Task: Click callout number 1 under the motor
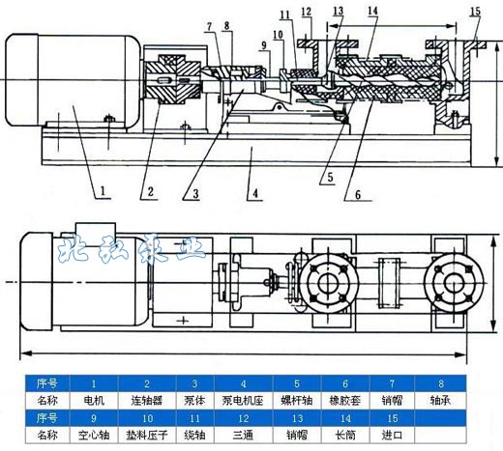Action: tap(101, 190)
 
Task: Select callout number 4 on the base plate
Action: tap(254, 190)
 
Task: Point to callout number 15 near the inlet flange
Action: tap(474, 12)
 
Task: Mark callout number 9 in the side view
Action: tap(263, 44)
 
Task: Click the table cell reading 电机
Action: tap(94, 397)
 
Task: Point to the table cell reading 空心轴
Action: tap(94, 435)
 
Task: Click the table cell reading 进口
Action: tap(393, 435)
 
